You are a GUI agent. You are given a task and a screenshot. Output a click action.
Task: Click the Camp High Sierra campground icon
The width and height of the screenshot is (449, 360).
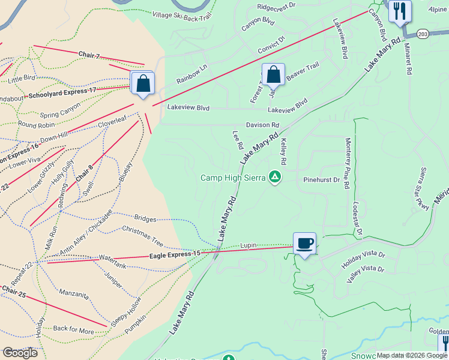[x=275, y=177]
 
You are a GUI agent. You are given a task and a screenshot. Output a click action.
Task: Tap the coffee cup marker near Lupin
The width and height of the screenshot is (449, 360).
[x=304, y=243]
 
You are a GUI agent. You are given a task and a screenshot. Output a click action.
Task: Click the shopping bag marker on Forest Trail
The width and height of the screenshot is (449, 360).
[x=273, y=75]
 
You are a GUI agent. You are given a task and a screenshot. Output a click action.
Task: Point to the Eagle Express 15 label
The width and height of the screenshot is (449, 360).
[x=175, y=255]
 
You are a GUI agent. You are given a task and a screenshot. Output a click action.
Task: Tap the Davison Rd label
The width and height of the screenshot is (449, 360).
[x=263, y=125]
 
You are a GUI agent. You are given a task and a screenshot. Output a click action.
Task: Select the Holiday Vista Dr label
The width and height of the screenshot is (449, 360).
[x=363, y=260]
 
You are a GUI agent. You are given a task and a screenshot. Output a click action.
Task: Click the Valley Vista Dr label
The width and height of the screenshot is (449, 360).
[x=366, y=274]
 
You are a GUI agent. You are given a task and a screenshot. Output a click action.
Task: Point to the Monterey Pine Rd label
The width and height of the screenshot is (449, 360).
[x=347, y=163]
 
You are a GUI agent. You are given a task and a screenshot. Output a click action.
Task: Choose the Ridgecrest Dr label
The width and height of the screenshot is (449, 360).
[x=277, y=7]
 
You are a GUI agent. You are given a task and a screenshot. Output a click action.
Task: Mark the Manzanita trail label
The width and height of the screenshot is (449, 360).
[x=74, y=295]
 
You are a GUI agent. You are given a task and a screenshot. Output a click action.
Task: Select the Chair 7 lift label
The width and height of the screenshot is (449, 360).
[x=88, y=55]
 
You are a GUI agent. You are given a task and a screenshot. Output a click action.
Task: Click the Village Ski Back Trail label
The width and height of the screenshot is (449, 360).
[x=182, y=16]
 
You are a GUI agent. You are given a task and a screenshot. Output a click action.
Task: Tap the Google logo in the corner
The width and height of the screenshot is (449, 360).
[x=20, y=353]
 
